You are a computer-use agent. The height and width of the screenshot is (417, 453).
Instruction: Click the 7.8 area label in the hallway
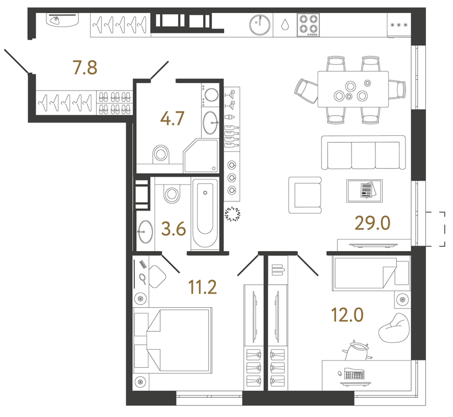(x=85, y=67)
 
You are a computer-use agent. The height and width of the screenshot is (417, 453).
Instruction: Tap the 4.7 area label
(x=173, y=119)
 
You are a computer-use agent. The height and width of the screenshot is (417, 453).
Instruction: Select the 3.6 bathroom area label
(x=174, y=229)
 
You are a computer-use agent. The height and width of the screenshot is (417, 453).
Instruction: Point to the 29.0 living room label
(x=373, y=223)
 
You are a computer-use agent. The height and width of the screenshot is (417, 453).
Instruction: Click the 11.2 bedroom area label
(x=202, y=287)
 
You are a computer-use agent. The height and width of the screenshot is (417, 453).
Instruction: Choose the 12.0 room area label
(x=347, y=315)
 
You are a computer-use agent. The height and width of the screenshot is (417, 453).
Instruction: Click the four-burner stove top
(x=308, y=25)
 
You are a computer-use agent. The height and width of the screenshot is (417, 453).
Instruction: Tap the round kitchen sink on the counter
(x=260, y=25)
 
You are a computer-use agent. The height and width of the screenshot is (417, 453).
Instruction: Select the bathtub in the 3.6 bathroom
(x=205, y=213)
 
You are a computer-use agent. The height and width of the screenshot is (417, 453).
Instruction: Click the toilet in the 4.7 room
(x=161, y=153)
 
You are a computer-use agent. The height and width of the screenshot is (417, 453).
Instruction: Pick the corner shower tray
(x=200, y=156)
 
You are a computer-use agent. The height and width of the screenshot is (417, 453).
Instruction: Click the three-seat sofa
(x=364, y=152)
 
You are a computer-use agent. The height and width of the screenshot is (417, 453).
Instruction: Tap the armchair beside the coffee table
(x=305, y=195)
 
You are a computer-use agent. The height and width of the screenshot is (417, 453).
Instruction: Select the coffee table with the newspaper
(x=365, y=191)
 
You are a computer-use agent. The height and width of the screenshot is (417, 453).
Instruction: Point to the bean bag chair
(x=394, y=328)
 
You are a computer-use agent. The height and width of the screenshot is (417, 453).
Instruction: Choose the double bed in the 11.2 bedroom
(x=173, y=341)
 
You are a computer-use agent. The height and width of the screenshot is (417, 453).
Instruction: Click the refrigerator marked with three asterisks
(x=399, y=25)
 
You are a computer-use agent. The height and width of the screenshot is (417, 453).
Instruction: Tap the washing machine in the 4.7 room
(x=210, y=95)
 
